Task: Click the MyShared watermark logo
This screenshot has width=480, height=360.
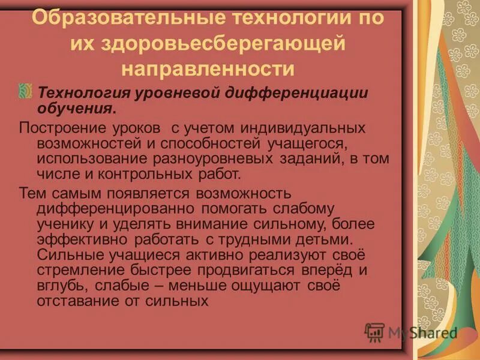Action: point(410,332)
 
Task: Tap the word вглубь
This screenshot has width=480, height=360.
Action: point(59,286)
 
